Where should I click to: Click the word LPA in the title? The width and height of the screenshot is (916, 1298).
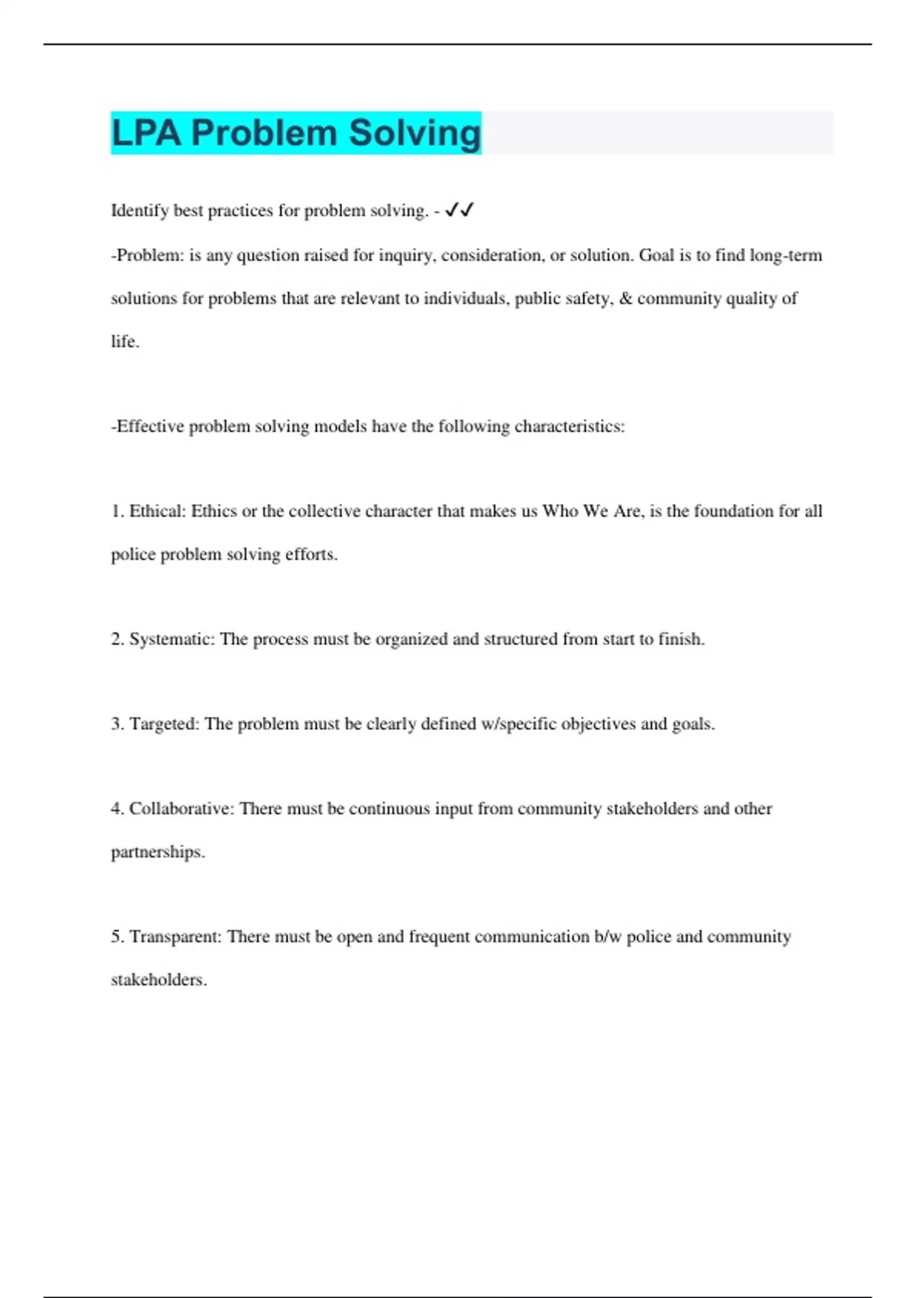click(147, 133)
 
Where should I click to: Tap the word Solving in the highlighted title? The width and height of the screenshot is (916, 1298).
click(414, 133)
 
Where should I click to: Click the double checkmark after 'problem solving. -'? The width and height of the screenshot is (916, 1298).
click(460, 210)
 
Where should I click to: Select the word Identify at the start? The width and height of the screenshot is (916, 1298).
click(140, 211)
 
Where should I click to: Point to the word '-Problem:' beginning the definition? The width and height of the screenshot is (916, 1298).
click(147, 255)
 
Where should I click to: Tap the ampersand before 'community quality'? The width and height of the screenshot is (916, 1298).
click(625, 299)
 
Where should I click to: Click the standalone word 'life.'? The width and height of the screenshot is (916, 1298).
click(125, 341)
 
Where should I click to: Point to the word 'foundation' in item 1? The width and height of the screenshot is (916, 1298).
click(734, 511)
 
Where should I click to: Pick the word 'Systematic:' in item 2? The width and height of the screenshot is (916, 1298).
click(172, 639)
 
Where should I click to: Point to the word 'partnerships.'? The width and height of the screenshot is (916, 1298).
click(158, 852)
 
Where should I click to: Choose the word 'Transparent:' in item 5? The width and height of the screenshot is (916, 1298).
click(176, 937)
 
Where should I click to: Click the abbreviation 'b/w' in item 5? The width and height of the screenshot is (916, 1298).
click(608, 937)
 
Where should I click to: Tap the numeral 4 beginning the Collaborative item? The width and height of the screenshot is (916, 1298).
click(116, 809)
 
